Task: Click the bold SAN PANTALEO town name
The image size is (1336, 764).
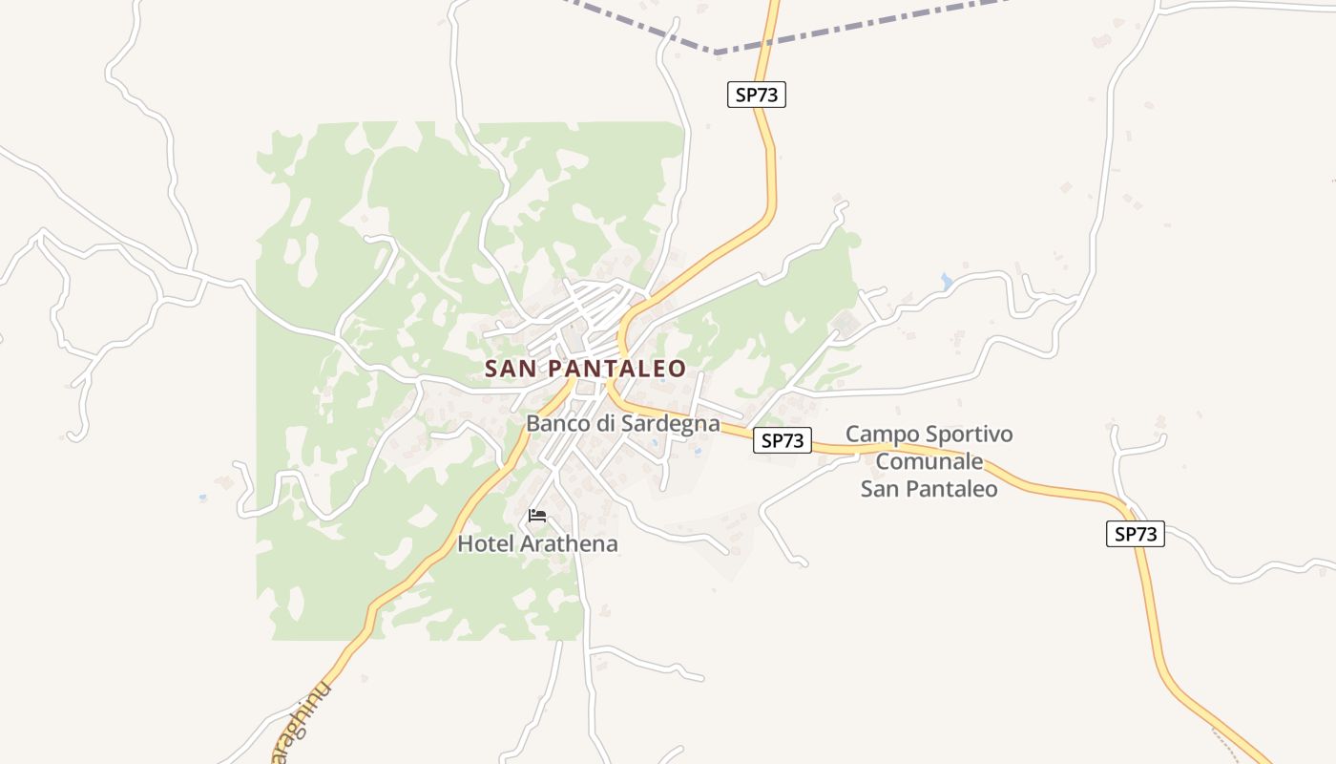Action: (585, 369)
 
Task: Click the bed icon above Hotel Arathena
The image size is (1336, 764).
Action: (537, 517)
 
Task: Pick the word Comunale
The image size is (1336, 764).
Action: (929, 462)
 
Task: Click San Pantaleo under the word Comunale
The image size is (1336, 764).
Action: (929, 489)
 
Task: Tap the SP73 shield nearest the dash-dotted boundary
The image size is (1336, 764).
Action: (756, 95)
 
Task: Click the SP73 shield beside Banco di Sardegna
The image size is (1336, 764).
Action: (782, 440)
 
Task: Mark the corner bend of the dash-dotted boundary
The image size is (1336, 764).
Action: (716, 52)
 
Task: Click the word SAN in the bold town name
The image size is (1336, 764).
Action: (511, 369)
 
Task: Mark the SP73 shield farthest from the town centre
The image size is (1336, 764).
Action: (1136, 534)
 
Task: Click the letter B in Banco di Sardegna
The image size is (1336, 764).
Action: (532, 423)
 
